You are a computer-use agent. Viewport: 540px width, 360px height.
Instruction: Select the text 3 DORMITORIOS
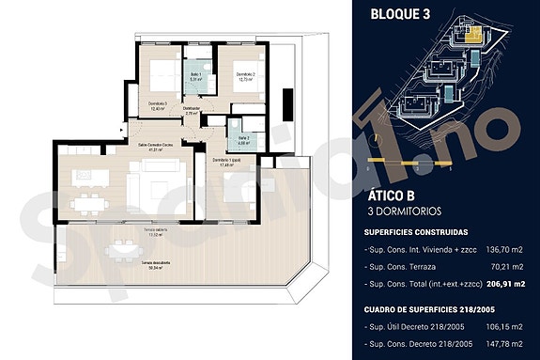tap(410, 213)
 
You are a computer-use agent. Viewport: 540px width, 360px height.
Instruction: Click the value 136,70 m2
tap(504, 251)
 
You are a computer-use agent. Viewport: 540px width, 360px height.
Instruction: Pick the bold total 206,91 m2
tap(504, 283)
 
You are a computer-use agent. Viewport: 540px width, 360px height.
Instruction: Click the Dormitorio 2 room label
tap(246, 77)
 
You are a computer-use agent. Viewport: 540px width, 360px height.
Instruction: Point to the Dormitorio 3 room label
tap(158, 105)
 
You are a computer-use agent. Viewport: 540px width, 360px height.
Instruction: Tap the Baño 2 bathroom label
tap(243, 141)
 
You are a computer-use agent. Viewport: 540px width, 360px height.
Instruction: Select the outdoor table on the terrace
tap(120, 249)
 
